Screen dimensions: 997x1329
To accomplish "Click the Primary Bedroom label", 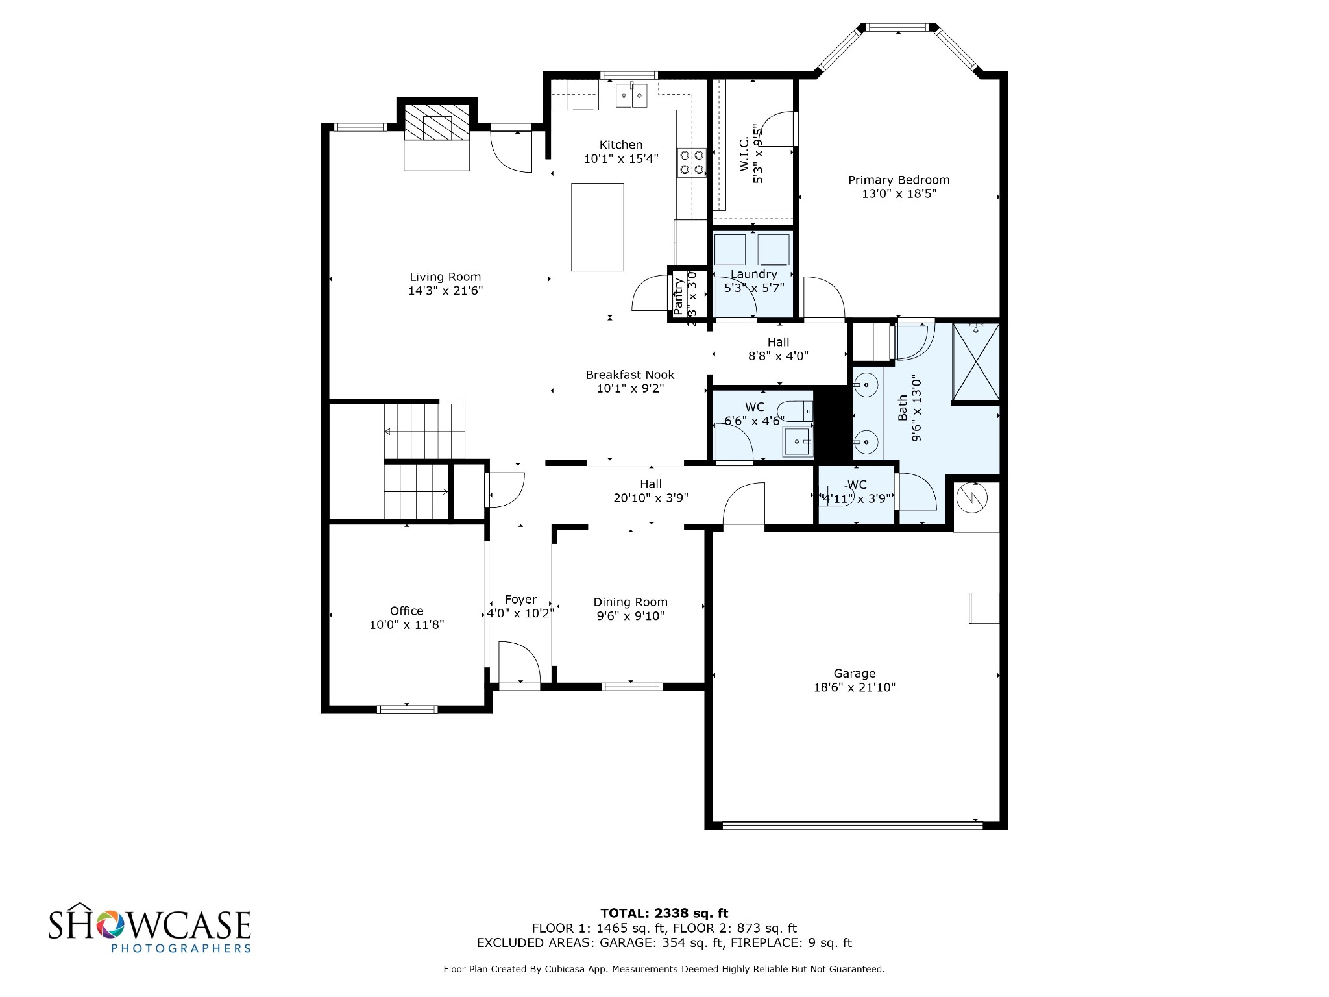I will point(899,180).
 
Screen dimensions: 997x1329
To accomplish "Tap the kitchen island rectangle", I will point(597,227).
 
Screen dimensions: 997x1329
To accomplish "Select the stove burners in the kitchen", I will point(691,162).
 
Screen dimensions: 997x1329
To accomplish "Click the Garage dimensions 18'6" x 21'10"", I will point(854,687).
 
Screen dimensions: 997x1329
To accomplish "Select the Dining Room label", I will point(630,602).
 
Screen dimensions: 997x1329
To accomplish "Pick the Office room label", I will point(407,611).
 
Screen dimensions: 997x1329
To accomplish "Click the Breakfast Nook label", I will point(630,375).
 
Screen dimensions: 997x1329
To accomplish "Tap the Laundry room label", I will point(753,274).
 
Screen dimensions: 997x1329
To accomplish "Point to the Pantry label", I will point(679,297).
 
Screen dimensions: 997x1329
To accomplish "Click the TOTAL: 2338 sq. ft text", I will point(664,913).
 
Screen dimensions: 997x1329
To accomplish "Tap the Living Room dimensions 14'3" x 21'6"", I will point(445,291).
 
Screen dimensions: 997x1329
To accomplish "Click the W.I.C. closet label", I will point(744,154).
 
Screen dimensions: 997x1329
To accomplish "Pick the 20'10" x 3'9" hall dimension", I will point(650,498).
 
